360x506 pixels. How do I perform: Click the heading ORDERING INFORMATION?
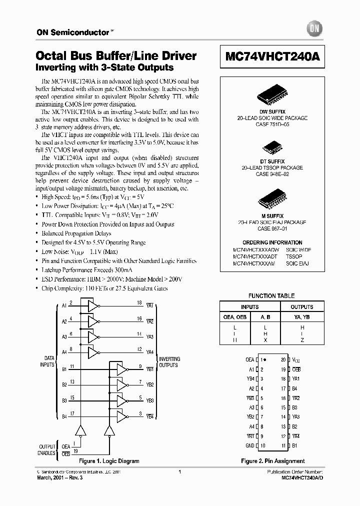tap(272, 242)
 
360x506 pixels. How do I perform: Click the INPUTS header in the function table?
tap(250, 307)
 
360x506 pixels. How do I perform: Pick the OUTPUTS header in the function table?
tap(302, 307)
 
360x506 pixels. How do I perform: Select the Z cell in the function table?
tap(302, 340)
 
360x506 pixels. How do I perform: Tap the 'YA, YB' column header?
tap(302, 317)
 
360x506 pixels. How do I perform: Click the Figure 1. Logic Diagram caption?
tap(109, 461)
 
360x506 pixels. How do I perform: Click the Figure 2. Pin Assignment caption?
tap(272, 461)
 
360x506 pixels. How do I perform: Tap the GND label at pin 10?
tap(250, 445)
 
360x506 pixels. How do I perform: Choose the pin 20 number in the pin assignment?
tap(283, 360)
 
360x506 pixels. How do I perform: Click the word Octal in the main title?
tap(51, 56)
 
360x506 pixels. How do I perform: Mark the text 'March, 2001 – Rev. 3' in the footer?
tap(59, 478)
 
